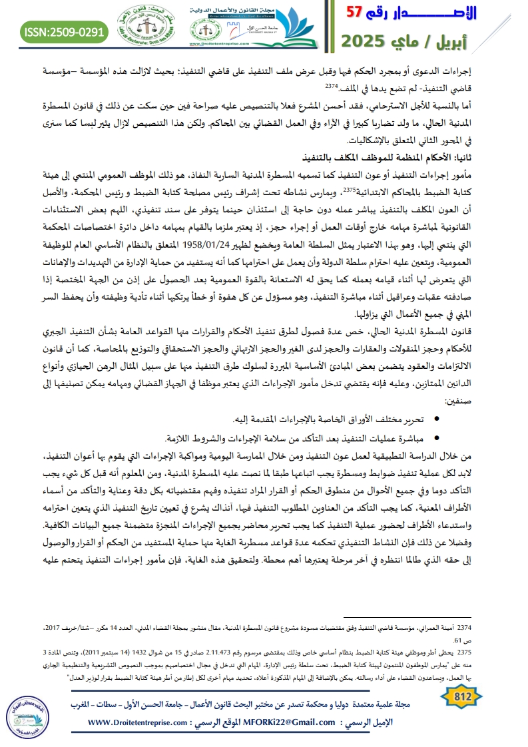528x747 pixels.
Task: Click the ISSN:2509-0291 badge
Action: pos(64,30)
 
